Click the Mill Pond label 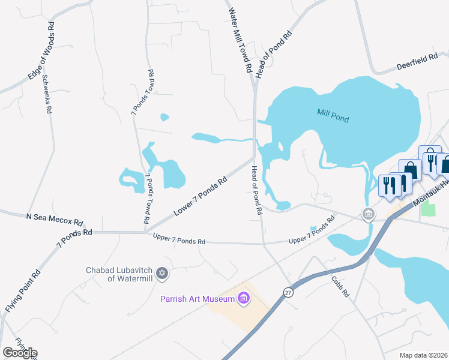[333, 115]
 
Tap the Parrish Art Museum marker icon [243, 298]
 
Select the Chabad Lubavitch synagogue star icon [161, 274]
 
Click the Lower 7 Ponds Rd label [200, 196]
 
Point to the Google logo [20, 353]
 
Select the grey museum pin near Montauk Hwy [367, 214]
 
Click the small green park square [429, 209]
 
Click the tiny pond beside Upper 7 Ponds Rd [313, 229]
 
